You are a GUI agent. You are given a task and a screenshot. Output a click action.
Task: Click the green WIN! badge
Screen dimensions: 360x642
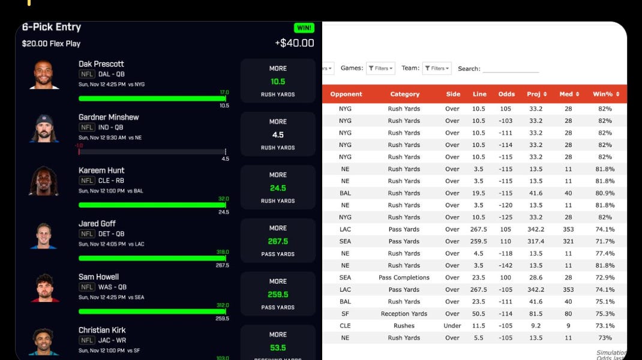coord(304,28)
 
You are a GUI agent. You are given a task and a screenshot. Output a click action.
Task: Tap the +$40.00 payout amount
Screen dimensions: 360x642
coord(294,43)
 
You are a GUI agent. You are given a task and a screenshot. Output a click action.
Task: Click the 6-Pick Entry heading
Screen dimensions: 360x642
coord(52,27)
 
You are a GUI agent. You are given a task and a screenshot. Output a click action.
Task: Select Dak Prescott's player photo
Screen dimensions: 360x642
coord(44,74)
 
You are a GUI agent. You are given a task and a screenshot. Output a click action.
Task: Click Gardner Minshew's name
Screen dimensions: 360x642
coord(109,117)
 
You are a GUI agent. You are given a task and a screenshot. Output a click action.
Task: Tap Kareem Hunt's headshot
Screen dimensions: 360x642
coord(44,181)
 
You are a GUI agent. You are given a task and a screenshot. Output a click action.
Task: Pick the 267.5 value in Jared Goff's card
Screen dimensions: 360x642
coord(278,241)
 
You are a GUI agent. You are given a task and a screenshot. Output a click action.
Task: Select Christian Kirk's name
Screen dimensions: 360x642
coord(102,330)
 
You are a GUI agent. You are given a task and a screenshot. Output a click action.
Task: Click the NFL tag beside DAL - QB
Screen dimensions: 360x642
coord(87,74)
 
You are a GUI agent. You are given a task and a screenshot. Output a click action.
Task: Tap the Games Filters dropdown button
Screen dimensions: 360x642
coord(380,68)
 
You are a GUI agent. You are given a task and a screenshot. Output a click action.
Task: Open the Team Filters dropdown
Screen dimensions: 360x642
coord(437,68)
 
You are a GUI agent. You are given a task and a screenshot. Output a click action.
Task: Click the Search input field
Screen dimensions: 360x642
coord(511,68)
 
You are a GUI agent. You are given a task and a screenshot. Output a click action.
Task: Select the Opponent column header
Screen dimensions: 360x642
coord(346,94)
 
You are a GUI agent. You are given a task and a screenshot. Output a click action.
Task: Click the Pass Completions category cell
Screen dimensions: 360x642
coord(404,278)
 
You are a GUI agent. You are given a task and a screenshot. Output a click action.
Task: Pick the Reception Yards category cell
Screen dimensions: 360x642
coord(404,314)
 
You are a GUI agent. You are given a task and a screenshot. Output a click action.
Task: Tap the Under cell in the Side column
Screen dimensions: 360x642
coord(452,326)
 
